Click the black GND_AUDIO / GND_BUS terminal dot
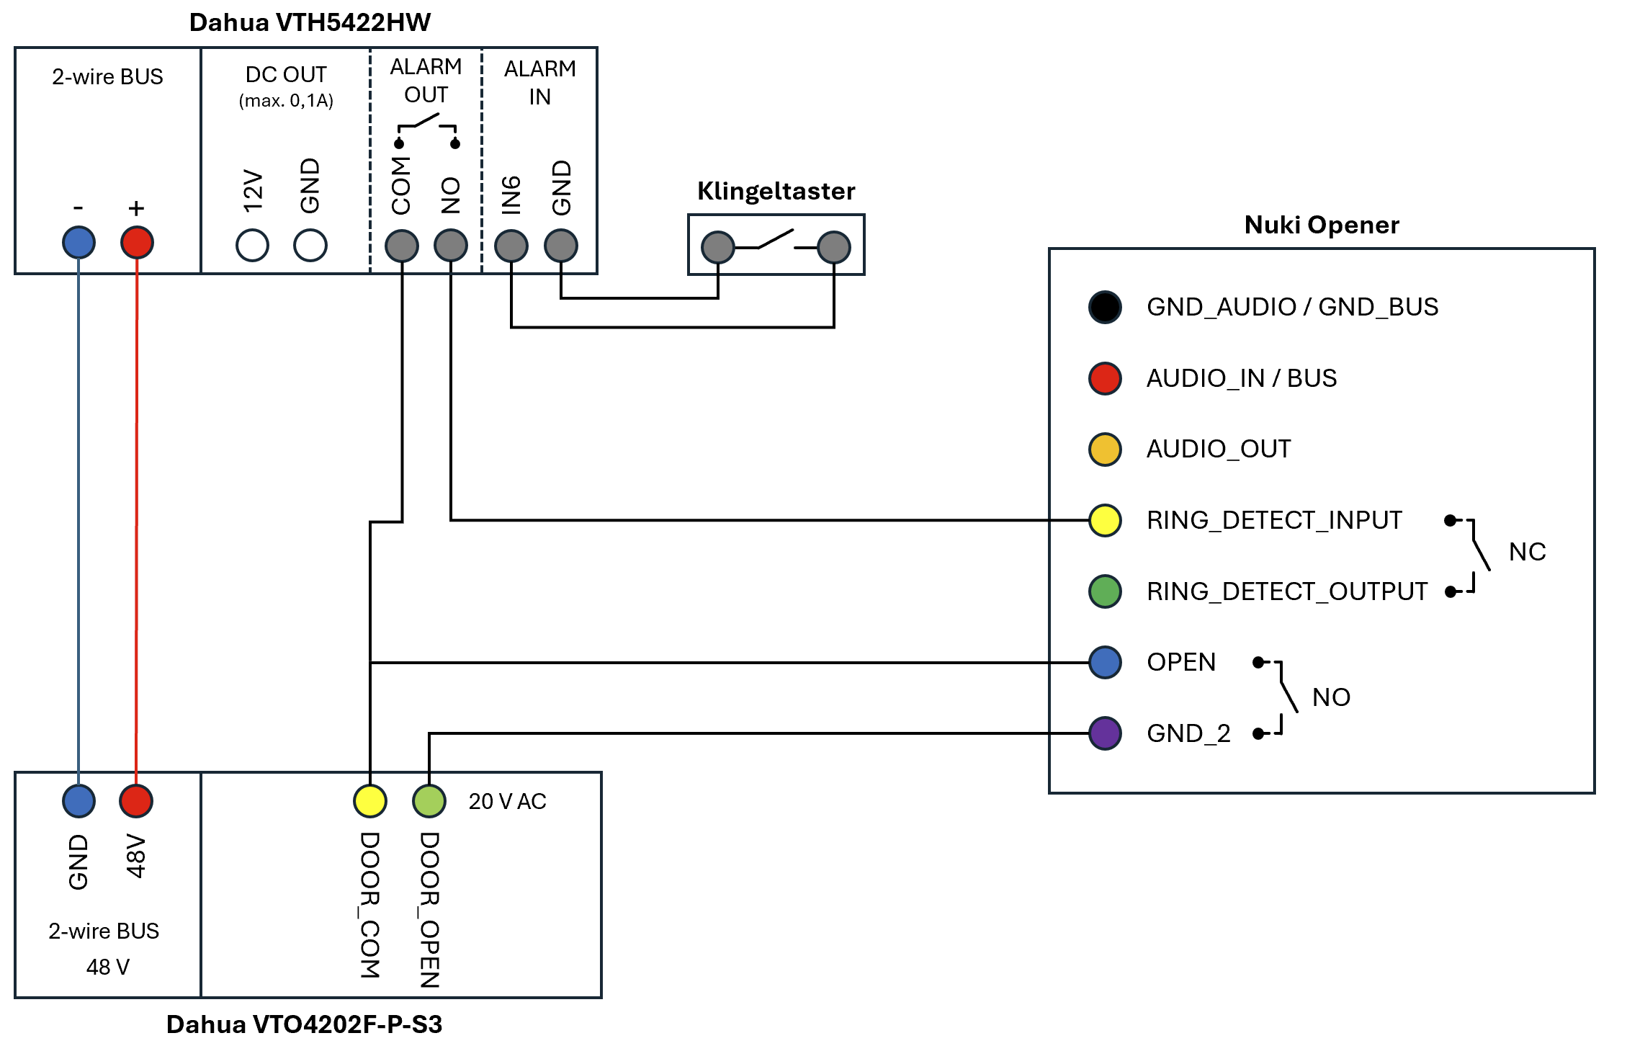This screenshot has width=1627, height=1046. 1105,307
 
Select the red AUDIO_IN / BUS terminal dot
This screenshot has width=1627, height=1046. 1105,378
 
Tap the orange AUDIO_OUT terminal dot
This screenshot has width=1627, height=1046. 1105,450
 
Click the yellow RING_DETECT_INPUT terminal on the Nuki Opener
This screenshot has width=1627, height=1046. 1105,520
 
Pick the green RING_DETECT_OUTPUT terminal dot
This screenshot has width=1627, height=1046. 1105,591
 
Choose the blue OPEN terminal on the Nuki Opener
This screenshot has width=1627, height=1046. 1105,663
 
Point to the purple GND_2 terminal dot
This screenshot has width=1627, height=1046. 1105,733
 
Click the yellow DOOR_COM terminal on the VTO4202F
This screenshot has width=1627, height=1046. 370,801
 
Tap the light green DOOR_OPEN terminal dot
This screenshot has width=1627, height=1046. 429,801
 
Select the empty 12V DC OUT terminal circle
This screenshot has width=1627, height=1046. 252,245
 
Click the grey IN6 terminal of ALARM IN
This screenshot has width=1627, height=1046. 511,246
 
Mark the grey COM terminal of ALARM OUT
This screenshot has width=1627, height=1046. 402,246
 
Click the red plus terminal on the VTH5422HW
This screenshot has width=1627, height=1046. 137,242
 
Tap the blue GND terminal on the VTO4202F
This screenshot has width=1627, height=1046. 79,801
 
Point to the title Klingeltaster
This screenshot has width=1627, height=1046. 776,192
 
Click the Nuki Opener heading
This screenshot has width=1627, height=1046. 1322,225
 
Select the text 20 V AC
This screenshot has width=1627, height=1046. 507,801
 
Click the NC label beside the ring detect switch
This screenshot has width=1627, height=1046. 1527,552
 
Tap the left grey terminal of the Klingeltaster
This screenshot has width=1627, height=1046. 718,247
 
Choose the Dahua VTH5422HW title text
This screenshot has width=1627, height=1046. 310,22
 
